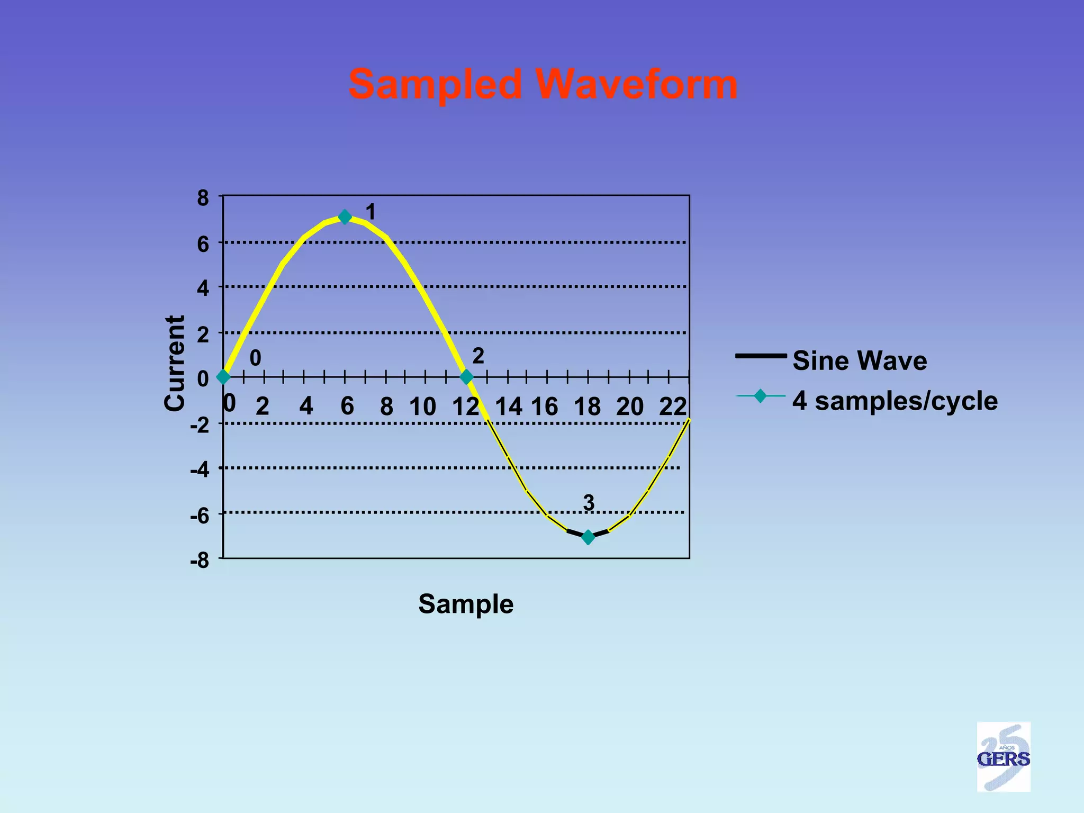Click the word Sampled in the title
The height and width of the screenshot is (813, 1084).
point(435,85)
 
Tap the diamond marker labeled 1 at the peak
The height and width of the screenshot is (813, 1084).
point(345,217)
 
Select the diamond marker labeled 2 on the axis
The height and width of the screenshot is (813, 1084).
point(466,377)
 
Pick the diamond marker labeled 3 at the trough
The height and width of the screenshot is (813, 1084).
point(588,538)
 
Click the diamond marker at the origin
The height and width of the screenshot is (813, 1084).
point(223,377)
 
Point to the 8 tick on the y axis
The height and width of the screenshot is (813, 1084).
point(203,198)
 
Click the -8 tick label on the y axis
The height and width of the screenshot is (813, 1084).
point(200,561)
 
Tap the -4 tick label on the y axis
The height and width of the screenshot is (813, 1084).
point(200,469)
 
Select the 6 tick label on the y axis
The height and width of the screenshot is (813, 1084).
point(203,244)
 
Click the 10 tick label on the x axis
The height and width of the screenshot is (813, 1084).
point(422,406)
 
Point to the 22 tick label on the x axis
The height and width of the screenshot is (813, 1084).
point(673,406)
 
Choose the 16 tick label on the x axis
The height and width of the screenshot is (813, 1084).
point(544,406)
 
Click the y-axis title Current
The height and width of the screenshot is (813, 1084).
point(174,363)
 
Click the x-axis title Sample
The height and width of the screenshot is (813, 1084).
point(466,604)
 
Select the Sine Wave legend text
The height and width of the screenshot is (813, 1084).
point(860,360)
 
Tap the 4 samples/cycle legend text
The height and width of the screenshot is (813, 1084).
point(895,401)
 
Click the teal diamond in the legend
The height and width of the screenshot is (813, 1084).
point(760,396)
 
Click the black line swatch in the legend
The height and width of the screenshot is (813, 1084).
point(761,356)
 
